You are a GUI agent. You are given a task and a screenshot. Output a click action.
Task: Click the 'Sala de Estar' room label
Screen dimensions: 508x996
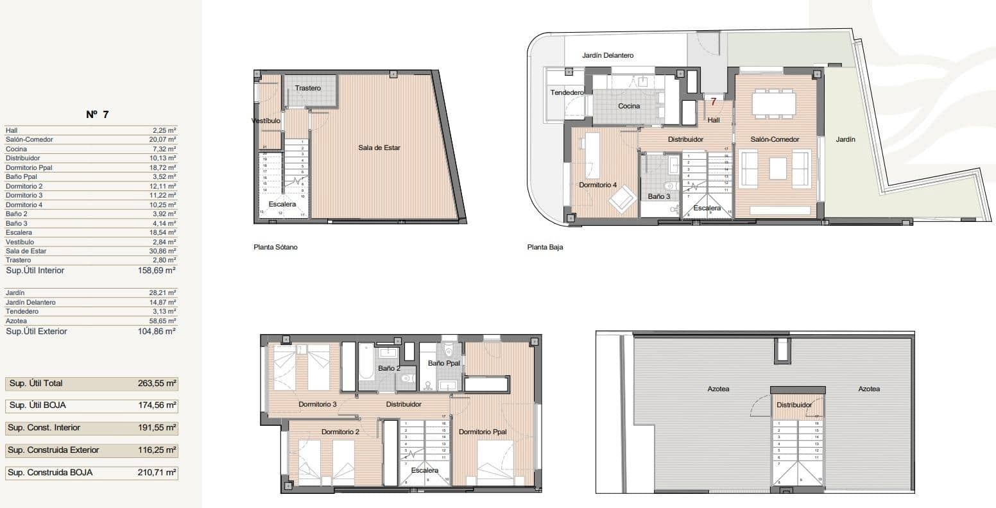pyautogui.click(x=379, y=148)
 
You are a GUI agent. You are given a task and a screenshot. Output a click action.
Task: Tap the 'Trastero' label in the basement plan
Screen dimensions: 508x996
pyautogui.click(x=308, y=88)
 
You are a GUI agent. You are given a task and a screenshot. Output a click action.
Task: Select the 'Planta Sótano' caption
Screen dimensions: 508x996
pyautogui.click(x=275, y=247)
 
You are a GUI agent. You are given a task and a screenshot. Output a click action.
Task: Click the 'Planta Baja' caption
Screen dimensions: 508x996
pyautogui.click(x=545, y=247)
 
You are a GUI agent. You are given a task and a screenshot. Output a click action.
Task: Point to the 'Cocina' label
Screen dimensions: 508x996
pyautogui.click(x=628, y=106)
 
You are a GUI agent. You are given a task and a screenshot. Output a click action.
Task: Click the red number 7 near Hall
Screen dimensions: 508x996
pyautogui.click(x=713, y=101)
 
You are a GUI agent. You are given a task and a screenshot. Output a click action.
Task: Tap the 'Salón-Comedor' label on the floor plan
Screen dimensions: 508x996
pyautogui.click(x=775, y=140)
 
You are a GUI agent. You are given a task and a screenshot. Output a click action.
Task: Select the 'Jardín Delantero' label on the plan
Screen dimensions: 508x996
pyautogui.click(x=608, y=56)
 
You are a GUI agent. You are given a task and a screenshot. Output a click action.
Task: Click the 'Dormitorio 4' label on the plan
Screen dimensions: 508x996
pyautogui.click(x=597, y=185)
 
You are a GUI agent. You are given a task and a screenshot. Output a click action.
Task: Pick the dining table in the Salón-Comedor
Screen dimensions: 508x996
pyautogui.click(x=773, y=103)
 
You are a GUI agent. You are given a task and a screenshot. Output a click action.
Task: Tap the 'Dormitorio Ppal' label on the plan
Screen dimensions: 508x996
pyautogui.click(x=483, y=432)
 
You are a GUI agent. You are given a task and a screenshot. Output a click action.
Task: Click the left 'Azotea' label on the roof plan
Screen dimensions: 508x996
pyautogui.click(x=718, y=389)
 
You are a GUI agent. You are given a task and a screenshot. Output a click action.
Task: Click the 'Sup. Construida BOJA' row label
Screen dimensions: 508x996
pyautogui.click(x=50, y=473)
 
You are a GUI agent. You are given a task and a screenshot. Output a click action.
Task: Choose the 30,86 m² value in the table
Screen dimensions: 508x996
pyautogui.click(x=163, y=251)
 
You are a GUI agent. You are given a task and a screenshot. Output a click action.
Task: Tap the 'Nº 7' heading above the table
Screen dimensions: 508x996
pyautogui.click(x=98, y=114)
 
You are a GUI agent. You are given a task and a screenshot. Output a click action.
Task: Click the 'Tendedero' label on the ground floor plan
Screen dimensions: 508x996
pyautogui.click(x=567, y=93)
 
